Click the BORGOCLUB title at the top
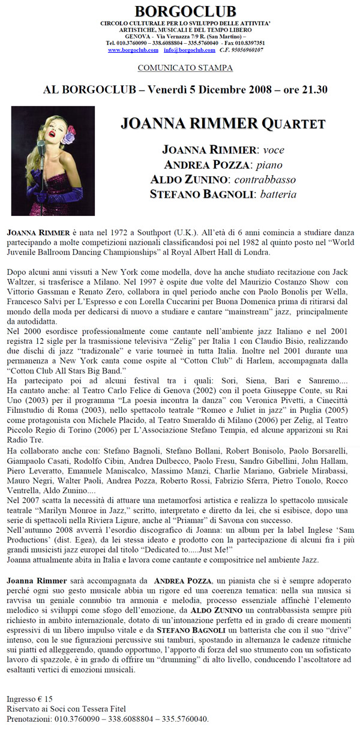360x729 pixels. click(x=185, y=10)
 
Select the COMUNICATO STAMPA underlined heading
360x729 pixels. click(x=185, y=68)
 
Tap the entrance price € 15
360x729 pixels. click(x=41, y=698)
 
